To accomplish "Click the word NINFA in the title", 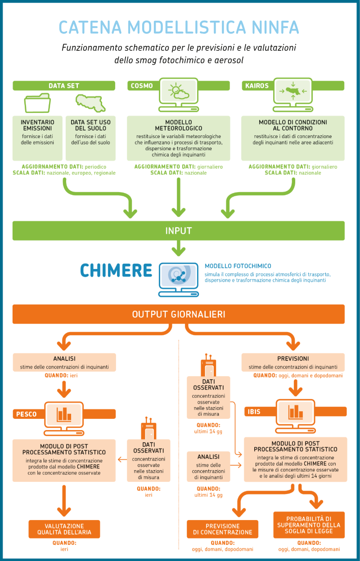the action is pyautogui.click(x=275, y=27).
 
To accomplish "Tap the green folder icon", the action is pyautogui.click(x=37, y=103).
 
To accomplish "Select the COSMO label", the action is pyautogui.click(x=142, y=85).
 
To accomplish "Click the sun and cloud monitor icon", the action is pyautogui.click(x=179, y=94).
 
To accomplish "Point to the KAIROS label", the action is pyautogui.click(x=257, y=85).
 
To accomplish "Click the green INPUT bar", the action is pyautogui.click(x=179, y=231).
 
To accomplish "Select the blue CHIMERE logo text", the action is pyautogui.click(x=116, y=270).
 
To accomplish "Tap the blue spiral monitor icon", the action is pyautogui.click(x=179, y=279).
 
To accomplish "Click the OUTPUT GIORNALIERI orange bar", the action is pyautogui.click(x=179, y=314).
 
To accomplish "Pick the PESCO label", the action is pyautogui.click(x=26, y=414).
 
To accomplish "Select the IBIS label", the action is pyautogui.click(x=254, y=412).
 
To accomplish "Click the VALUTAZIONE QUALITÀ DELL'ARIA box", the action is pyautogui.click(x=64, y=529).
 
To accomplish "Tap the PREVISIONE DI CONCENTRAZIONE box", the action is pyautogui.click(x=222, y=529).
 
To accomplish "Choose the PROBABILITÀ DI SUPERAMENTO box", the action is pyautogui.click(x=309, y=525).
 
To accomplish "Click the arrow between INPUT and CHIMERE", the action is pyautogui.click(x=179, y=248).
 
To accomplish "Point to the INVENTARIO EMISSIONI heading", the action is pyautogui.click(x=37, y=125).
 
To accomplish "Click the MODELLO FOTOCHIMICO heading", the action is pyautogui.click(x=238, y=266).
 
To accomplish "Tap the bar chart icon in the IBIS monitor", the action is pyautogui.click(x=296, y=412).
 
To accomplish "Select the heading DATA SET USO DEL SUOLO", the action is pyautogui.click(x=90, y=125).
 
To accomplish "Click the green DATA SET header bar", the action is pyautogui.click(x=64, y=85).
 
